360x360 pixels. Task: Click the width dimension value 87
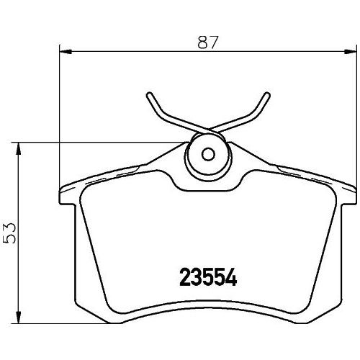(x=208, y=42)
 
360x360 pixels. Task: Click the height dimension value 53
(x=10, y=233)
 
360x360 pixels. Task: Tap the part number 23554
(x=208, y=277)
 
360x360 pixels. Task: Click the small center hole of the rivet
(x=208, y=154)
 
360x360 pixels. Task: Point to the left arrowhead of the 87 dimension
(x=66, y=51)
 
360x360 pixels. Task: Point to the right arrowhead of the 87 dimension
(x=350, y=51)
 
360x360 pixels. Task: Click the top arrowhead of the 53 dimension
(x=18, y=149)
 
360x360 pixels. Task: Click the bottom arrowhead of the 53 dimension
(x=18, y=317)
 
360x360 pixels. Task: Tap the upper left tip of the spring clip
(x=149, y=95)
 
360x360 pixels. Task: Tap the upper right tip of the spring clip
(x=267, y=95)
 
